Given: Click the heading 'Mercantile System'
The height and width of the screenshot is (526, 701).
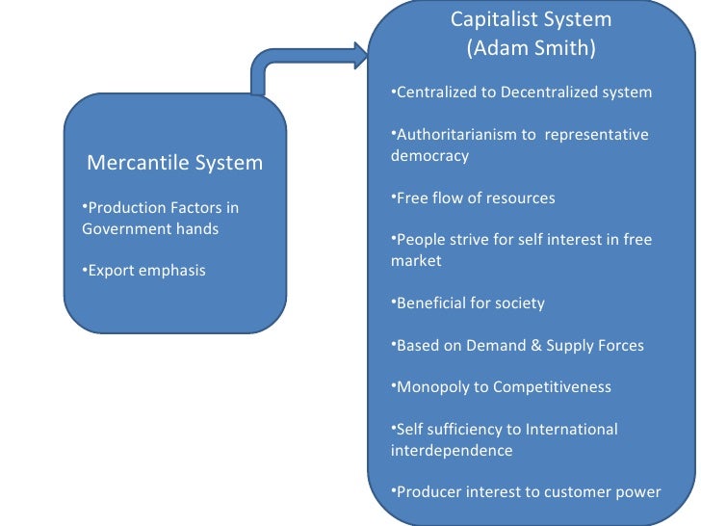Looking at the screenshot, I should pos(174,162).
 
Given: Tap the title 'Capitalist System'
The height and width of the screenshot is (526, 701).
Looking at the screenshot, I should pos(531,19).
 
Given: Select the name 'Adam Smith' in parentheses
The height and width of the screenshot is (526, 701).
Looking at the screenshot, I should pos(531,49).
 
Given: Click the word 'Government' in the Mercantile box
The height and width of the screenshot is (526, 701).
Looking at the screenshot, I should pos(122,229).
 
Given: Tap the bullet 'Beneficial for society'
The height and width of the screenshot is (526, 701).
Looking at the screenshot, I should pos(470,303).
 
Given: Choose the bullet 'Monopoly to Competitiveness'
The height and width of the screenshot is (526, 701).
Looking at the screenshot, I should pos(503,387).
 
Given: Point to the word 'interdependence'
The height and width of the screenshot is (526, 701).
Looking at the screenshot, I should pos(452,450).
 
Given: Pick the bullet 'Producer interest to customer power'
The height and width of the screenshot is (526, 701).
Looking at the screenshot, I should pos(528,492).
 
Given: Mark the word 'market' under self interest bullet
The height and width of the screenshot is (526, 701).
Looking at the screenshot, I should pos(416,261).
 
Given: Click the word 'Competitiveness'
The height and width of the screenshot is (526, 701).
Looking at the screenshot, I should pos(552,387).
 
